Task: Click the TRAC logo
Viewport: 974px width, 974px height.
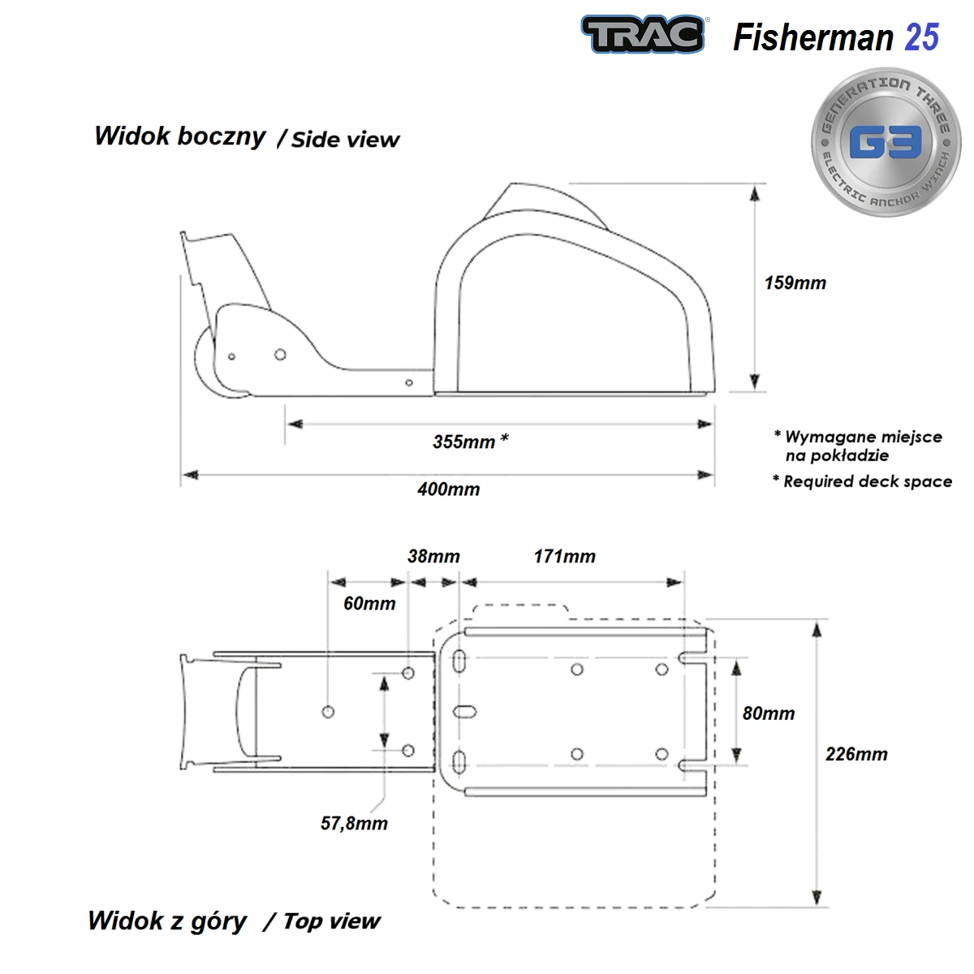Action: click(x=642, y=35)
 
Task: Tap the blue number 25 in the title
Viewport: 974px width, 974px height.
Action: click(x=922, y=37)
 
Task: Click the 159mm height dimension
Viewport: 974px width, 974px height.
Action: click(x=795, y=283)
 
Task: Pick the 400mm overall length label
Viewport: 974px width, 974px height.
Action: click(x=448, y=489)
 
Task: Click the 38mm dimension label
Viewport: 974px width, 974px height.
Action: click(x=433, y=557)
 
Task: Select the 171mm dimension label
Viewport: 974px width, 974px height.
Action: click(x=564, y=557)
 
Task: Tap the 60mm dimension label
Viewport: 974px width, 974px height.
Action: click(x=369, y=604)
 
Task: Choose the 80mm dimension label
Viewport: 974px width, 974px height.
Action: click(x=768, y=713)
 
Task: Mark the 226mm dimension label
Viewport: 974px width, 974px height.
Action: click(x=856, y=754)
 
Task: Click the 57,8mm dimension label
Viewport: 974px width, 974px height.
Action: click(x=354, y=824)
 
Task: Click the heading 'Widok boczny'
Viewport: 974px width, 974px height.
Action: click(x=179, y=136)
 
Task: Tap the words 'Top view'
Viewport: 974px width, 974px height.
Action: click(x=331, y=921)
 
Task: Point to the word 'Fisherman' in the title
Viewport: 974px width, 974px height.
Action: click(x=812, y=37)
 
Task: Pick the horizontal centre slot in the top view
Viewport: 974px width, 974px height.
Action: click(x=465, y=713)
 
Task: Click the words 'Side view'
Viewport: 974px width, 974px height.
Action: click(x=345, y=140)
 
